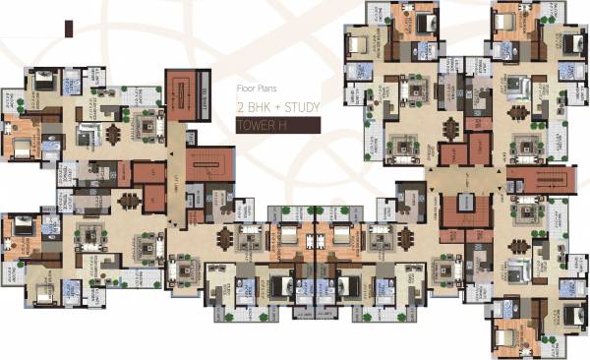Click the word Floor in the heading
coord(245,87)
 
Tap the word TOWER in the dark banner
coord(257,126)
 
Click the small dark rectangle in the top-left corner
coord(69,29)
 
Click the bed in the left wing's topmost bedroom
coord(44,84)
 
